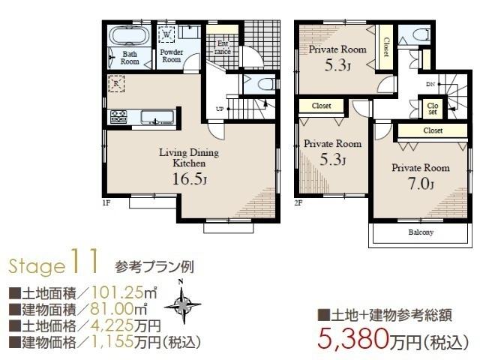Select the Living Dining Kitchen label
(188, 157)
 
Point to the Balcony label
(421, 232)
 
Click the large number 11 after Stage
(82, 262)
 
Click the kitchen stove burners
(118, 117)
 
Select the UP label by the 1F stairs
(219, 108)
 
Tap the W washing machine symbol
(166, 33)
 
